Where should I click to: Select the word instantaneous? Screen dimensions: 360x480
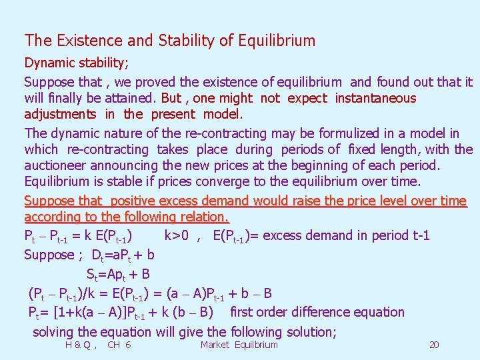375,99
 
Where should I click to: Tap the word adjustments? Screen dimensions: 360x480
60,114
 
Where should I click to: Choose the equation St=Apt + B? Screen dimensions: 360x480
117,273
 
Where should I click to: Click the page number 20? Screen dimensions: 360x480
434,345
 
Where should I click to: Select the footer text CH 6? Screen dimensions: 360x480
119,345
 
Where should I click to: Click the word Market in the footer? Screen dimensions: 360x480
215,345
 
